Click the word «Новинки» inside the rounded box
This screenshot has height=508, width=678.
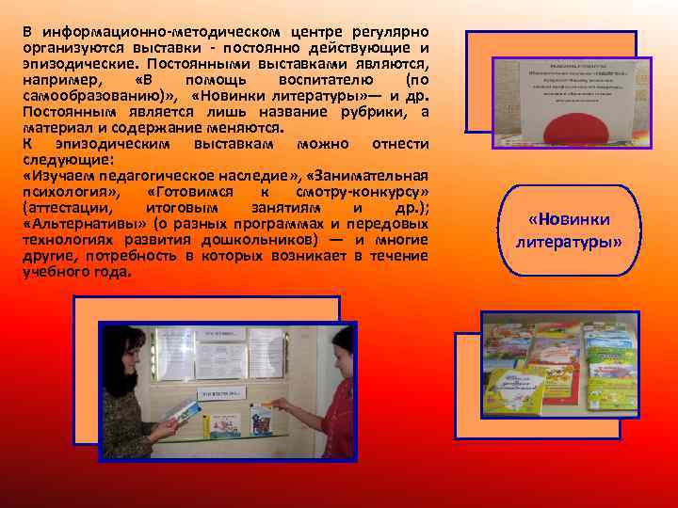pyautogui.click(x=570, y=219)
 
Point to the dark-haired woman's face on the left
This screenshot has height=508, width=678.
pyautogui.click(x=128, y=354)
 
